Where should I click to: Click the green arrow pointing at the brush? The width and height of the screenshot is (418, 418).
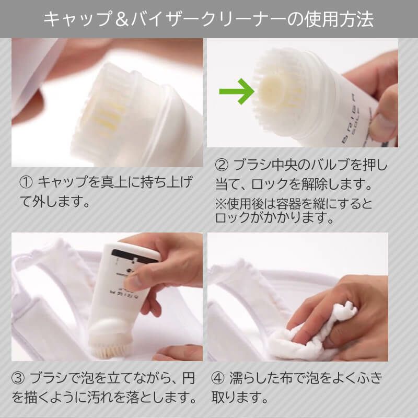coord(237,91)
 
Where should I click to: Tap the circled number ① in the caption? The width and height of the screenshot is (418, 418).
coord(26,182)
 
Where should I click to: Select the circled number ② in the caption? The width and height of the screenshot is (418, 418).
coord(222,165)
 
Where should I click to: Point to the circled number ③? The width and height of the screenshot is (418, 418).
coord(18,378)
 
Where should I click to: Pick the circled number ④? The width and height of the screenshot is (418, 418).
coord(218,378)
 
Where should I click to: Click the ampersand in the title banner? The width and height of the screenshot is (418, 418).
coord(122,19)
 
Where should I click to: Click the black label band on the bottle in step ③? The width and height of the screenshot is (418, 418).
coord(135,254)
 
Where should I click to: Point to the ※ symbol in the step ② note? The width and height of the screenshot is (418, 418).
coord(220,204)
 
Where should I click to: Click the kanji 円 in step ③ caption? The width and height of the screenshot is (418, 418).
coord(189,378)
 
